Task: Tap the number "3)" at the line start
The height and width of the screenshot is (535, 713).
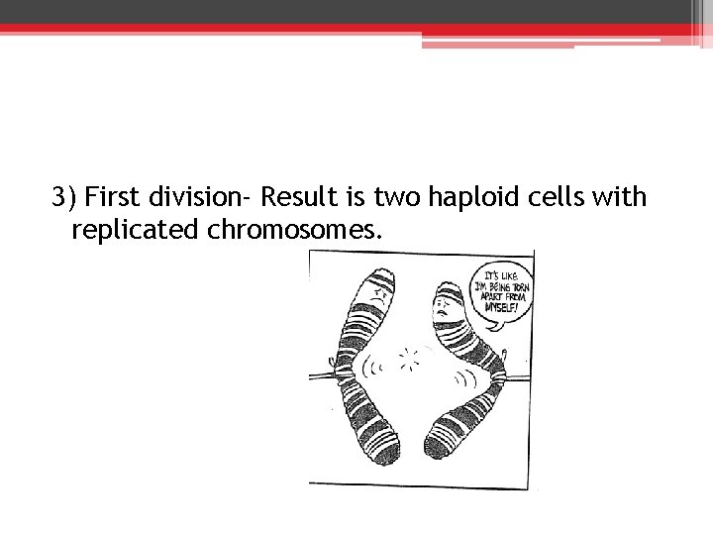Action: click(64, 198)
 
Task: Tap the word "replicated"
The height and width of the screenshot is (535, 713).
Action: click(136, 231)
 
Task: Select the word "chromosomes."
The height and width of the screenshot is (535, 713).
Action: click(294, 231)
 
